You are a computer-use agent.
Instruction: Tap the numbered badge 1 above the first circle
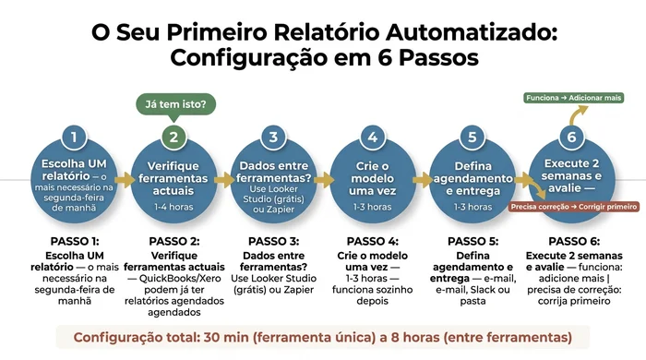tap(74, 138)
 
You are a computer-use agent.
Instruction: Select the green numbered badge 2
tap(173, 138)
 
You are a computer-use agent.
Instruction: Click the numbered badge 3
tap(273, 138)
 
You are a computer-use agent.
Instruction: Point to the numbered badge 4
tap(373, 138)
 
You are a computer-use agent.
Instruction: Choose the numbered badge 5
tap(472, 138)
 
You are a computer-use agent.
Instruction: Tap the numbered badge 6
tap(572, 138)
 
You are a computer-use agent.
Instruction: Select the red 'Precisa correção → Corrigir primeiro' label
tap(573, 207)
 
